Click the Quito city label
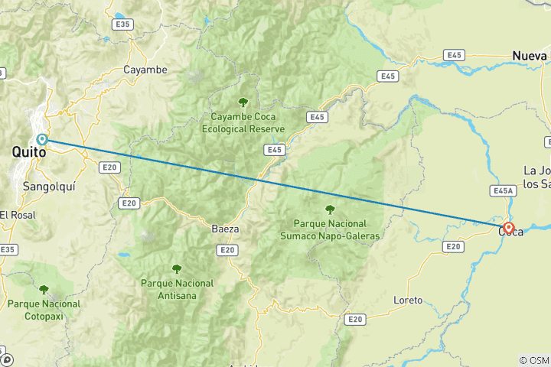click(28, 153)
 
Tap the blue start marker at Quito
click(42, 139)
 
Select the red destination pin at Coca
click(508, 227)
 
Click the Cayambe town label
click(145, 70)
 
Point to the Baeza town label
click(225, 228)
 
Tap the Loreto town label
click(407, 300)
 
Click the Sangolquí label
click(48, 186)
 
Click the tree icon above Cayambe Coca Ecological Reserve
click(243, 102)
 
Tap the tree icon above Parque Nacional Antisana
click(177, 268)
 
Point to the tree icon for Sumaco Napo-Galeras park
click(330, 209)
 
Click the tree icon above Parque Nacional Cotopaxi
click(44, 290)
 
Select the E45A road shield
click(503, 190)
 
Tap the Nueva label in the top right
click(530, 57)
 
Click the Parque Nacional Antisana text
click(178, 289)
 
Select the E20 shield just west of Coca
click(453, 246)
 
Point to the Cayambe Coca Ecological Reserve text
click(243, 123)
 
